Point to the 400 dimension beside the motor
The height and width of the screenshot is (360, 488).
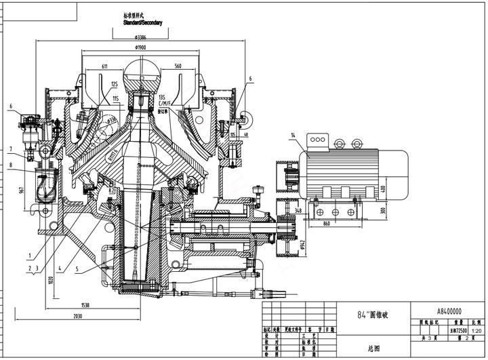[383, 188]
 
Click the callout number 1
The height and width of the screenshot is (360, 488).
[30, 256]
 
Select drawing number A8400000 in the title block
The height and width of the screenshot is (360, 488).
[449, 311]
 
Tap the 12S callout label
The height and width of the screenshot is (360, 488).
[115, 84]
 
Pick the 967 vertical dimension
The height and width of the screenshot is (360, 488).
[23, 189]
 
